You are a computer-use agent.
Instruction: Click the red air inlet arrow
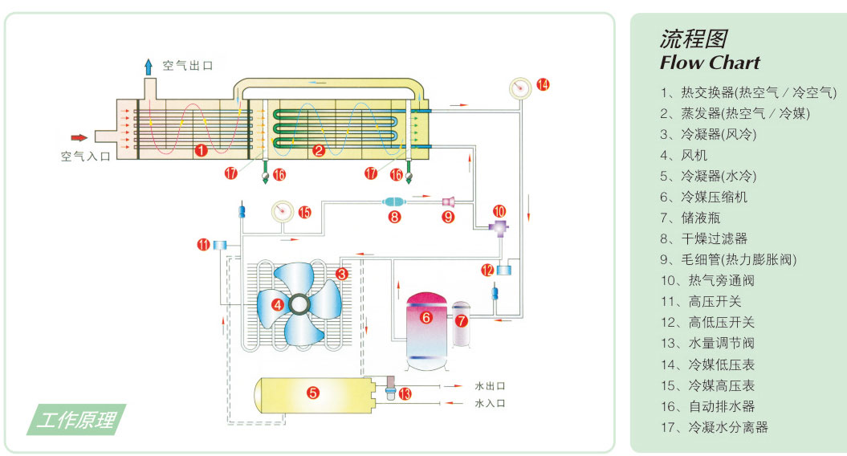[79, 138]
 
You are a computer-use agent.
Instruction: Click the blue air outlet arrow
[149, 67]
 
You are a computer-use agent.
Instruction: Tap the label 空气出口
[187, 66]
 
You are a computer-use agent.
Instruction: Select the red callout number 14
[543, 85]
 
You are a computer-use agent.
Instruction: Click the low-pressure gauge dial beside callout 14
[520, 88]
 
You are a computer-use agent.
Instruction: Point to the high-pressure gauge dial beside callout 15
[282, 211]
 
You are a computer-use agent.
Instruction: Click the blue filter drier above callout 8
[393, 202]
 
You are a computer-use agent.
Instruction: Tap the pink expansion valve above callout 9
[448, 202]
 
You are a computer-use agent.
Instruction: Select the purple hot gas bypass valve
[498, 227]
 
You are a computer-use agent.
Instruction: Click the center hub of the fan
[299, 305]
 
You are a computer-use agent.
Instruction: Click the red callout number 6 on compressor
[426, 317]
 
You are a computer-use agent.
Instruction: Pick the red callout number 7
[461, 321]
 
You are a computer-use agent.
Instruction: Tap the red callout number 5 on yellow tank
[313, 393]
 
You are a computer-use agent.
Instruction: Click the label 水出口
[490, 386]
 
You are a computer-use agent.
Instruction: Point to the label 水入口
[490, 403]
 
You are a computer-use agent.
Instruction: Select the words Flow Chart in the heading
[710, 63]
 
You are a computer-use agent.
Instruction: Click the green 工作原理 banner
[76, 419]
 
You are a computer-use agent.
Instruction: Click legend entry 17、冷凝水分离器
[714, 427]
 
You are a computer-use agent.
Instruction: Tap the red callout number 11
[203, 245]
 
